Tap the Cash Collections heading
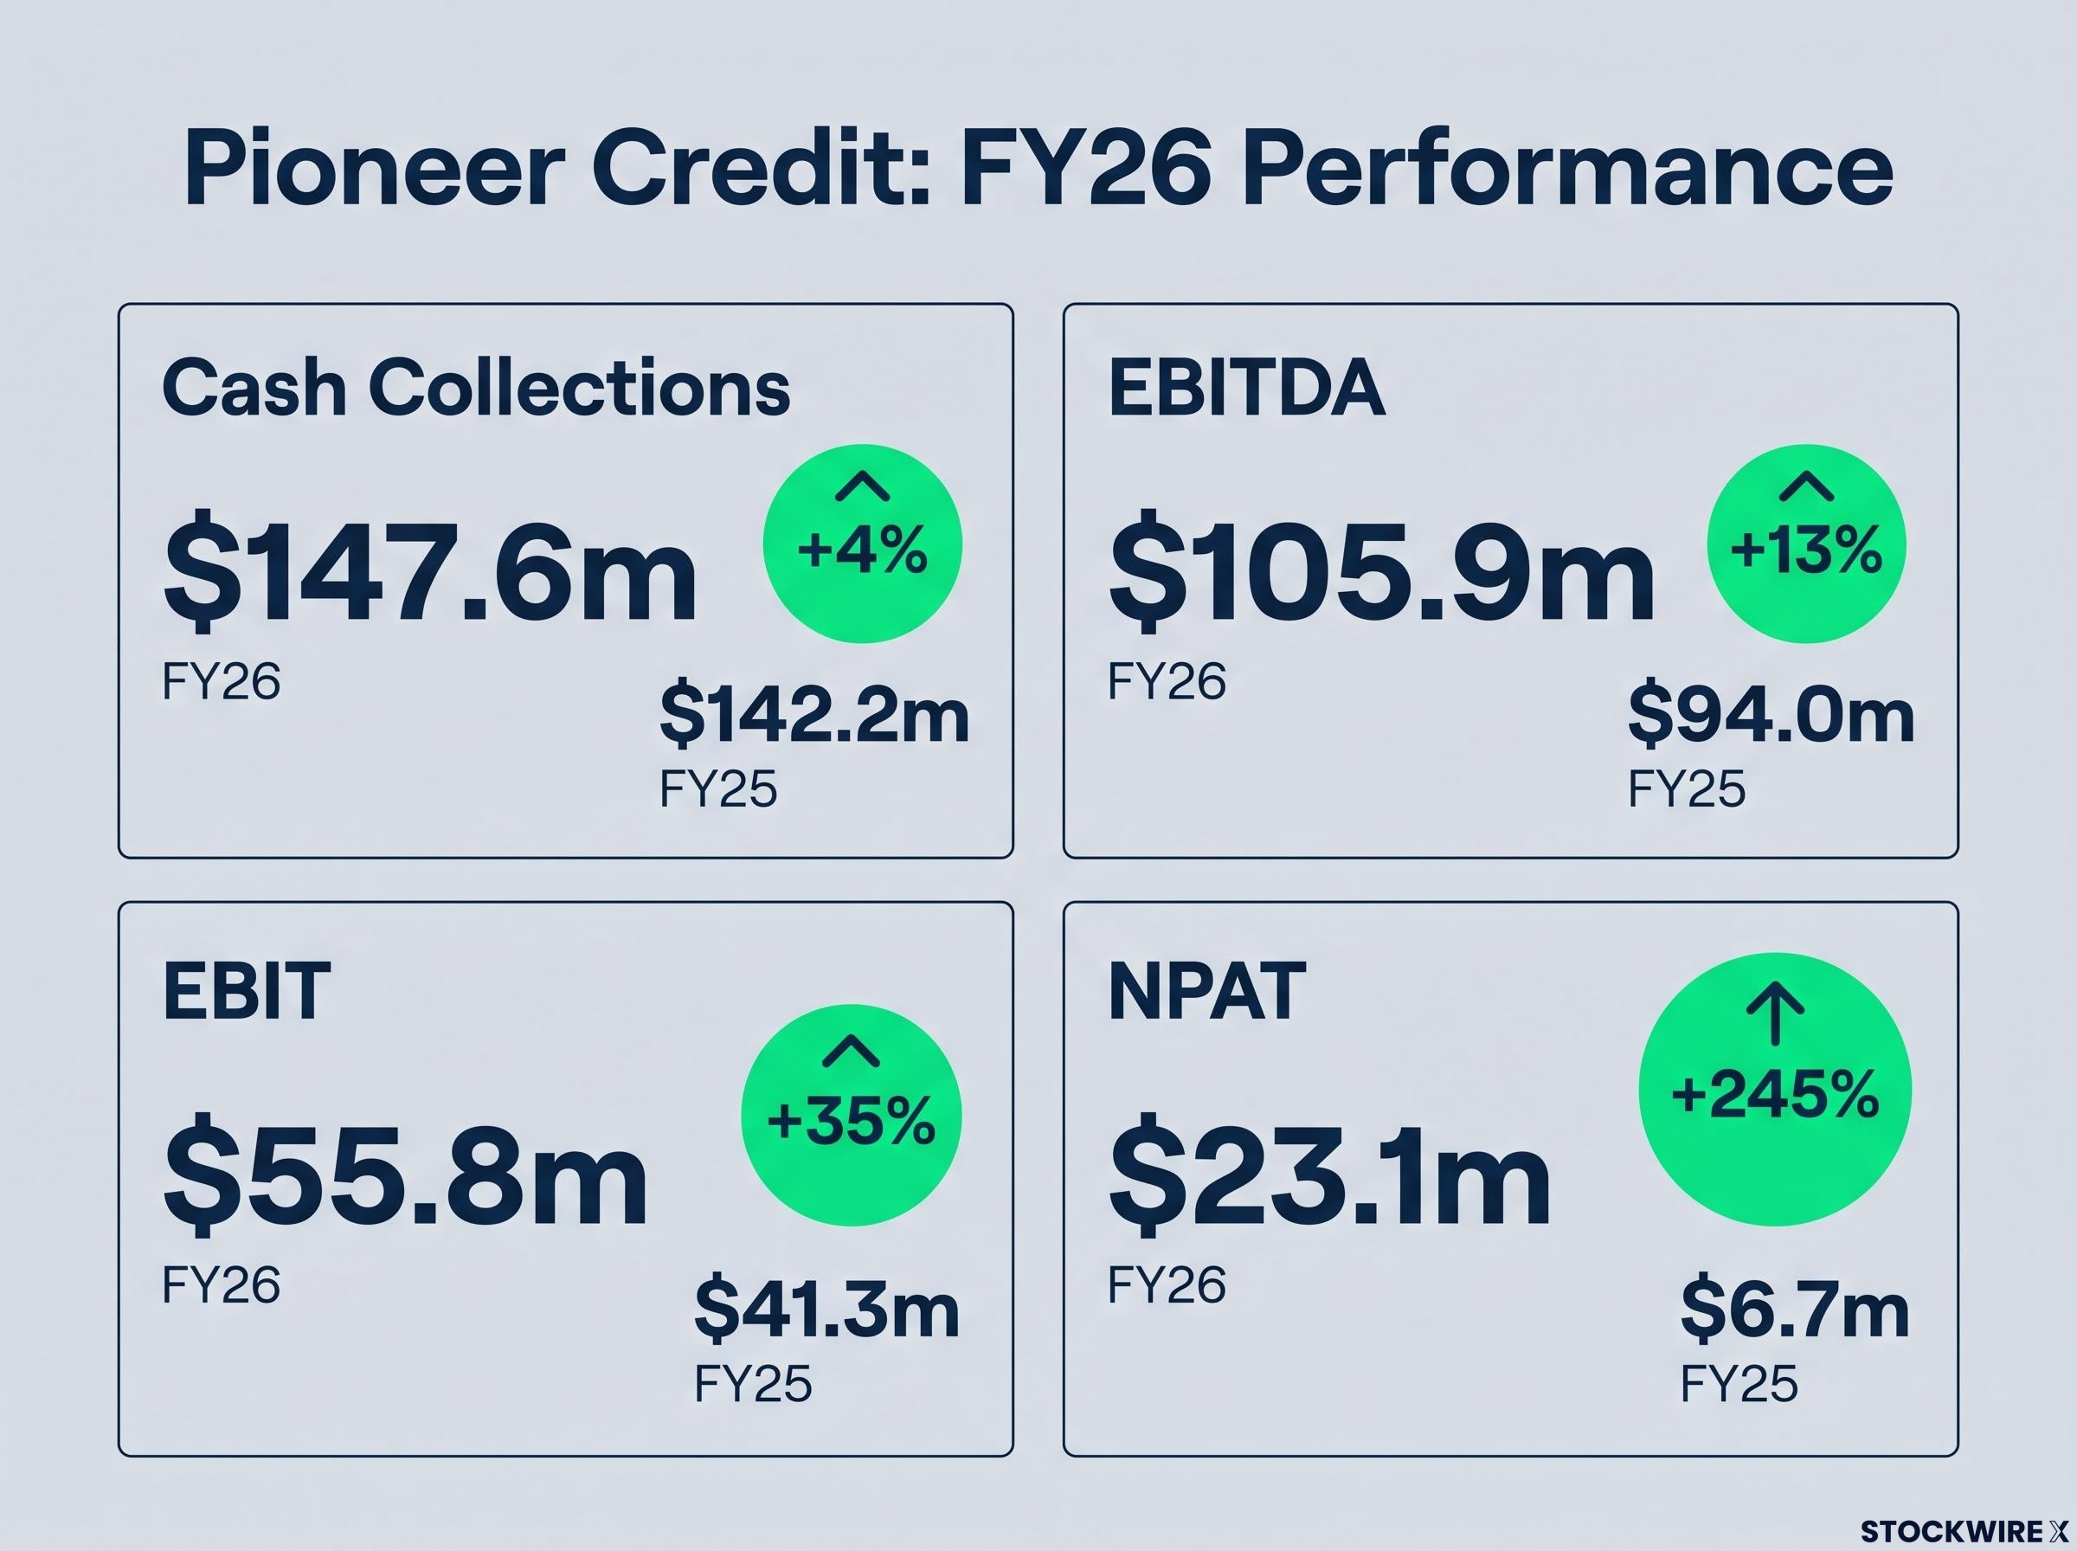(476, 387)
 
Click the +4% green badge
(863, 544)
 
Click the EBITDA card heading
(1246, 387)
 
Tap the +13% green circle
(1806, 544)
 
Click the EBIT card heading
(246, 989)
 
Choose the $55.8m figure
(406, 1172)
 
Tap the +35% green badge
(852, 1116)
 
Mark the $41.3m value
(826, 1310)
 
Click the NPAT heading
(1207, 989)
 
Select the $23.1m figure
(1330, 1172)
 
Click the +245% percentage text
(1775, 1095)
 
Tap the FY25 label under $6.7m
(1739, 1383)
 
